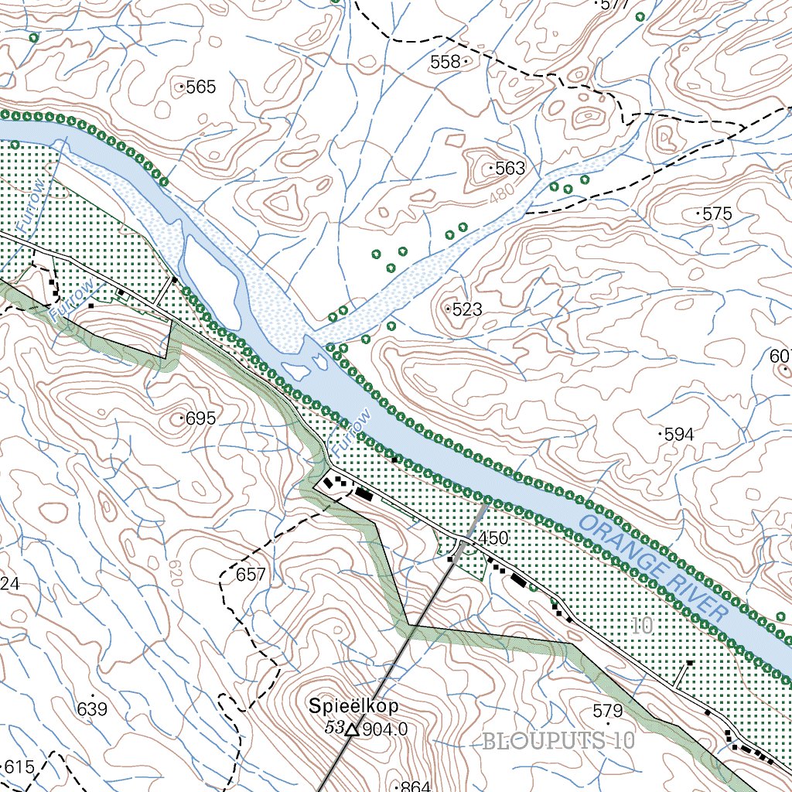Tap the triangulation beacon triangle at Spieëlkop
353,729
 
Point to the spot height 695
200,419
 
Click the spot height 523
466,309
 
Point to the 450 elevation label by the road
493,538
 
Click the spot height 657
251,575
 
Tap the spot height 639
92,709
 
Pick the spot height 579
607,711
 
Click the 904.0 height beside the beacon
384,729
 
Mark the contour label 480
501,197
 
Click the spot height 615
19,767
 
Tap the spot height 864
415,787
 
